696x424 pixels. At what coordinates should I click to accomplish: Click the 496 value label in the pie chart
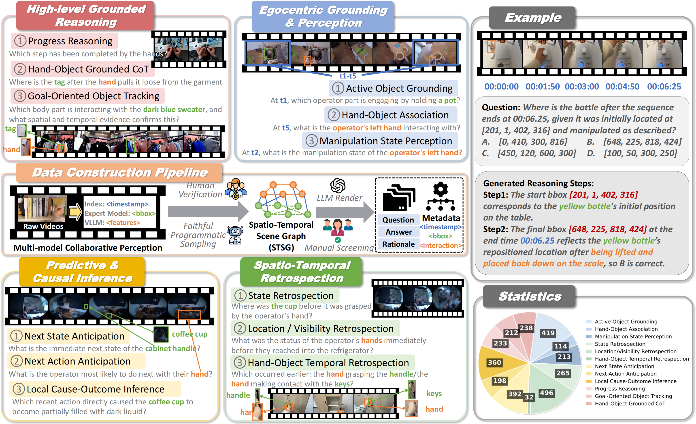pyautogui.click(x=546, y=393)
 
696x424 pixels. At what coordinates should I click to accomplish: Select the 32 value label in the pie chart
pyautogui.click(x=529, y=397)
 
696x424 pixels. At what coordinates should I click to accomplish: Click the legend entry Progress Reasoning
pyautogui.click(x=619, y=388)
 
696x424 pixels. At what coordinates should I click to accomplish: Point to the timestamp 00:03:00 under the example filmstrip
pyautogui.click(x=582, y=86)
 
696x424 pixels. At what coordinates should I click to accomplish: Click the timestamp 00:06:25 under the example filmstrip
pyautogui.click(x=664, y=86)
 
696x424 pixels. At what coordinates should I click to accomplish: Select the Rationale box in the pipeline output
pyautogui.click(x=398, y=244)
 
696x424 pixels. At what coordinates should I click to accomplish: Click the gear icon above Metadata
pyautogui.click(x=440, y=189)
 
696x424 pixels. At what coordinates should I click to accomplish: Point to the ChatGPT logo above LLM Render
pyautogui.click(x=338, y=185)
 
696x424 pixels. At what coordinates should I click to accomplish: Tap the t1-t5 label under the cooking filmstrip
pyautogui.click(x=347, y=76)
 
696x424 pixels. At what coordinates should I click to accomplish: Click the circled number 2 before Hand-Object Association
pyautogui.click(x=334, y=115)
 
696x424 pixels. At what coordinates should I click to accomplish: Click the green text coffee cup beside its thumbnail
pyautogui.click(x=189, y=334)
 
